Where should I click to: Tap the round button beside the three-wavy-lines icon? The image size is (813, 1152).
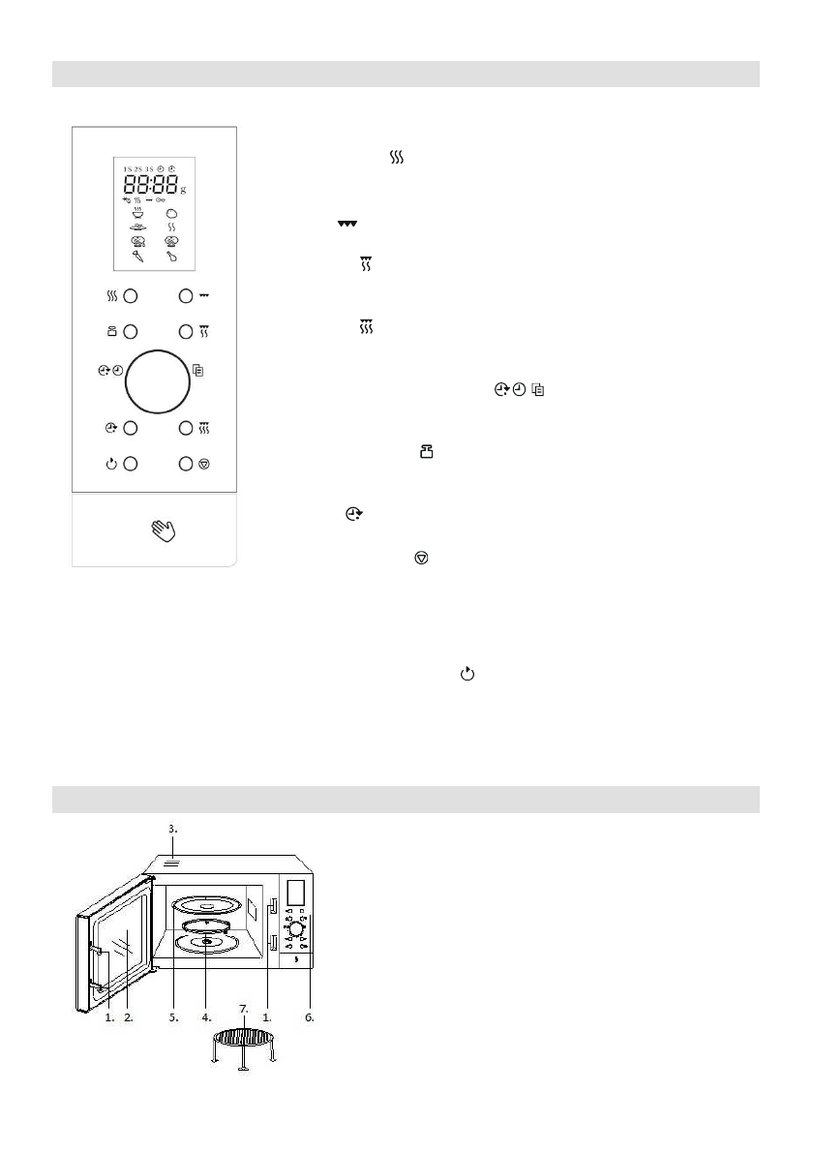tap(132, 296)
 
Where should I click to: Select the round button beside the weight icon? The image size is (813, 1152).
tap(132, 331)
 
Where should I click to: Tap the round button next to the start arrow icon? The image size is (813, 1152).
tap(132, 464)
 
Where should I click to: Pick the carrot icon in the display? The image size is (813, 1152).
tap(138, 258)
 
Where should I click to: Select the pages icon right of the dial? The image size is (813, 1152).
tap(198, 370)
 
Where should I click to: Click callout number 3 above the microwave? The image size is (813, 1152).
tap(171, 829)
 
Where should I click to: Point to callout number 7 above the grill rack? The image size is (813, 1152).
tap(243, 1009)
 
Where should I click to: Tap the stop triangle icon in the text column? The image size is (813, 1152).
tap(421, 560)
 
